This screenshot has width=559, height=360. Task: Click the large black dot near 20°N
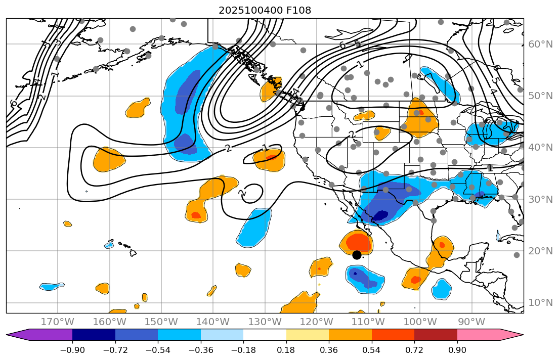click(357, 255)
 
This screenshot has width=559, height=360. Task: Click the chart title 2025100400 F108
click(265, 10)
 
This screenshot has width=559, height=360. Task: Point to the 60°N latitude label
click(540, 44)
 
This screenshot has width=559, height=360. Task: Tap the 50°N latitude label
click(540, 96)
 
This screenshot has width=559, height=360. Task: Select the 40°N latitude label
click(540, 148)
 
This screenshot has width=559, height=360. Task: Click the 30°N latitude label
click(540, 199)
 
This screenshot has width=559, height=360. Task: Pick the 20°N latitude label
click(540, 251)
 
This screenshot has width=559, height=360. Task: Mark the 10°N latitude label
click(540, 302)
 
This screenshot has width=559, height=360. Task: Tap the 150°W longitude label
click(161, 322)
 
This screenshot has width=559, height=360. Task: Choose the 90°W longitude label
click(471, 322)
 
